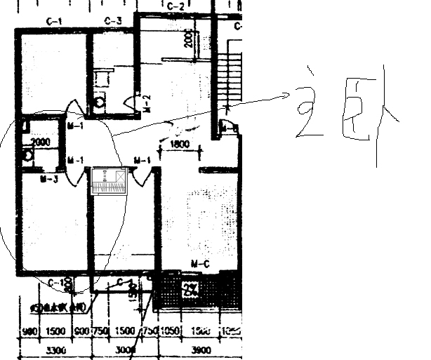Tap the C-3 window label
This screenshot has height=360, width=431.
[113, 20]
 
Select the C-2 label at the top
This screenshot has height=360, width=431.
[175, 6]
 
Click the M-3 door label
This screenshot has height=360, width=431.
[48, 180]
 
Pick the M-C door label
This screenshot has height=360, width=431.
[201, 264]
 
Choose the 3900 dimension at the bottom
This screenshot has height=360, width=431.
[201, 349]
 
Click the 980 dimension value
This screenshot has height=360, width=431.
[29, 331]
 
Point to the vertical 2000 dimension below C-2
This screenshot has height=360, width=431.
[188, 39]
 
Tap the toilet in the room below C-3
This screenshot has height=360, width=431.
[100, 102]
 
